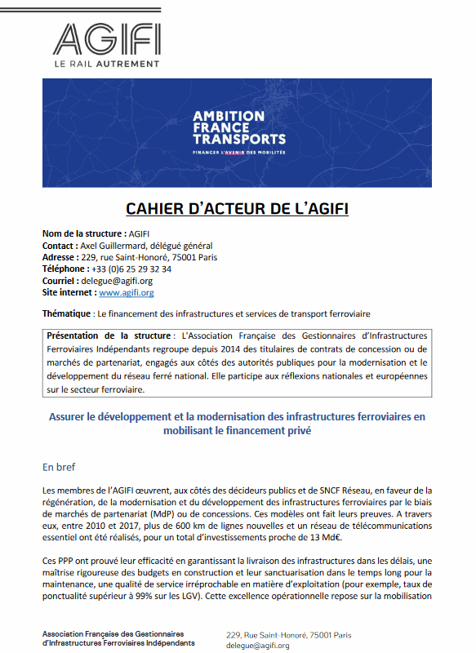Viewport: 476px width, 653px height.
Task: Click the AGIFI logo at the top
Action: tap(106, 38)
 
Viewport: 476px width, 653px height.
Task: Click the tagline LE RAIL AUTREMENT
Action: tap(106, 63)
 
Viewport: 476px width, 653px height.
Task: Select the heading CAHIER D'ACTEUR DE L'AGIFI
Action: tap(237, 209)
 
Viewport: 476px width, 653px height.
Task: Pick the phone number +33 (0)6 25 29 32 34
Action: tap(131, 269)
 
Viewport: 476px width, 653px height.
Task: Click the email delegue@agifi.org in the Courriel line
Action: tap(119, 280)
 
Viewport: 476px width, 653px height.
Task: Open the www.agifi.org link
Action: tap(126, 292)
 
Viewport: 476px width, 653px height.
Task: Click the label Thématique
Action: tap(66, 313)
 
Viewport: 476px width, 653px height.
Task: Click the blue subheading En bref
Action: tap(60, 468)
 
